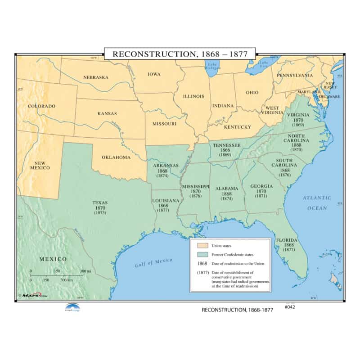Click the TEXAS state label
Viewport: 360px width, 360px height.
pyautogui.click(x=100, y=202)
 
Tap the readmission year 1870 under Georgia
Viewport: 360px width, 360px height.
pyautogui.click(x=261, y=191)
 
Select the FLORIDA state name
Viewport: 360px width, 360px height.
pyautogui.click(x=285, y=240)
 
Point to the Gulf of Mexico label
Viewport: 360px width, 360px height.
pyautogui.click(x=154, y=262)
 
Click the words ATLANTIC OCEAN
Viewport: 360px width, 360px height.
pyautogui.click(x=317, y=203)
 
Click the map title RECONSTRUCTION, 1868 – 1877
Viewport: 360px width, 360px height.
pyautogui.click(x=180, y=54)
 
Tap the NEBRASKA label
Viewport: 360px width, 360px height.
pyautogui.click(x=96, y=77)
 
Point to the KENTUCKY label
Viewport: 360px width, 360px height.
pyautogui.click(x=237, y=127)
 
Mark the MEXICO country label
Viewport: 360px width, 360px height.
pyautogui.click(x=53, y=259)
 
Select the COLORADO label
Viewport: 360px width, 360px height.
pyautogui.click(x=41, y=106)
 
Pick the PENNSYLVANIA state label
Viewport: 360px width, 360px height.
pyautogui.click(x=295, y=75)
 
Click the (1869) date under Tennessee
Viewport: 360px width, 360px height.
pyautogui.click(x=225, y=155)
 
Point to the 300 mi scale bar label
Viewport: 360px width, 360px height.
pyautogui.click(x=85, y=271)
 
